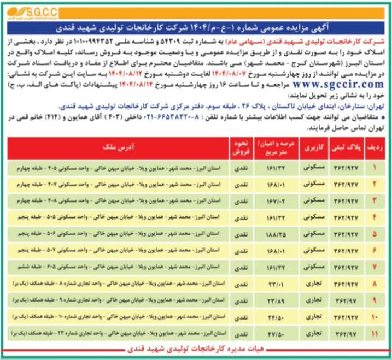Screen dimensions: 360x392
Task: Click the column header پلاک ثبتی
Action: pos(347,147)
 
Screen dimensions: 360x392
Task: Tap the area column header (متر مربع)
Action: pos(276,147)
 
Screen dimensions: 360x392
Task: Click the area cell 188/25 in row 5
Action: pos(276,234)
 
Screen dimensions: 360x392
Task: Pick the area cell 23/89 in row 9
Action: pos(276,300)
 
